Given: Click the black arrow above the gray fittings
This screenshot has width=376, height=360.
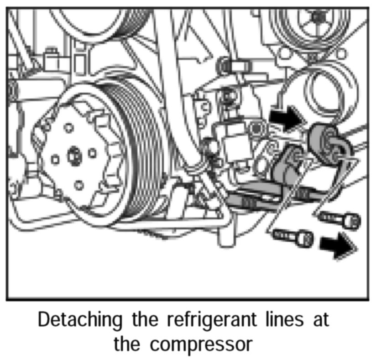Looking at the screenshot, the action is click(x=286, y=119).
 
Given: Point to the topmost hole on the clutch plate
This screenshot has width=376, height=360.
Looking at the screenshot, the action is click(x=69, y=127).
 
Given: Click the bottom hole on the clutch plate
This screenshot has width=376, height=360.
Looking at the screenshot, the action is click(x=78, y=185).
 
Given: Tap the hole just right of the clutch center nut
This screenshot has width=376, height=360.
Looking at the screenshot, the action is click(x=93, y=152).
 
